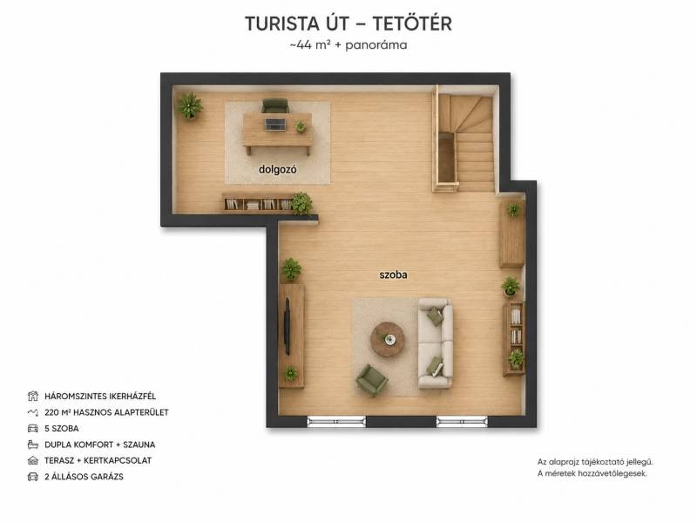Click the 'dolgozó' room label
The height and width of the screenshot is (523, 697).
tap(277, 169)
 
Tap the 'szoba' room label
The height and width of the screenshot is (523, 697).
tap(393, 275)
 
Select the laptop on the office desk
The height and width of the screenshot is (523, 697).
tap(275, 124)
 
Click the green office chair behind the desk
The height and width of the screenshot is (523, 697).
tap(275, 105)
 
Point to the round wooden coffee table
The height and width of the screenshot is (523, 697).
tap(388, 339)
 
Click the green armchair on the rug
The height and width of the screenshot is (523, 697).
tap(372, 380)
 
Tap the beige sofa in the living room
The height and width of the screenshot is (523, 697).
tap(435, 343)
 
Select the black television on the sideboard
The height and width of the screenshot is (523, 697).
tap(288, 326)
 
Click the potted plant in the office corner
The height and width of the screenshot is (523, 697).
tap(190, 105)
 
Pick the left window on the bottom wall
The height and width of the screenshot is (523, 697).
tap(336, 422)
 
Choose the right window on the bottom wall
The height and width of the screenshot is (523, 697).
tap(462, 422)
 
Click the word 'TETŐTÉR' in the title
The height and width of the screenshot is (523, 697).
tap(411, 24)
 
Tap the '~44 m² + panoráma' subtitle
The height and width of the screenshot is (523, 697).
tap(348, 45)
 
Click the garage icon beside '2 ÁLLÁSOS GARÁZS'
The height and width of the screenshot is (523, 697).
tap(33, 477)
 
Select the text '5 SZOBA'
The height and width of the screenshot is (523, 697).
tap(62, 429)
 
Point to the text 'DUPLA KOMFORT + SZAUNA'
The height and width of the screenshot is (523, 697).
tap(100, 445)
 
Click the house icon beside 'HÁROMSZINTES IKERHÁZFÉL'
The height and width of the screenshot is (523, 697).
tap(33, 396)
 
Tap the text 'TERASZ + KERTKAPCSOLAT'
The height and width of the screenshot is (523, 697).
tap(98, 461)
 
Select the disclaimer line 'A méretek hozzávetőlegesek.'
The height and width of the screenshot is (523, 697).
tap(592, 473)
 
